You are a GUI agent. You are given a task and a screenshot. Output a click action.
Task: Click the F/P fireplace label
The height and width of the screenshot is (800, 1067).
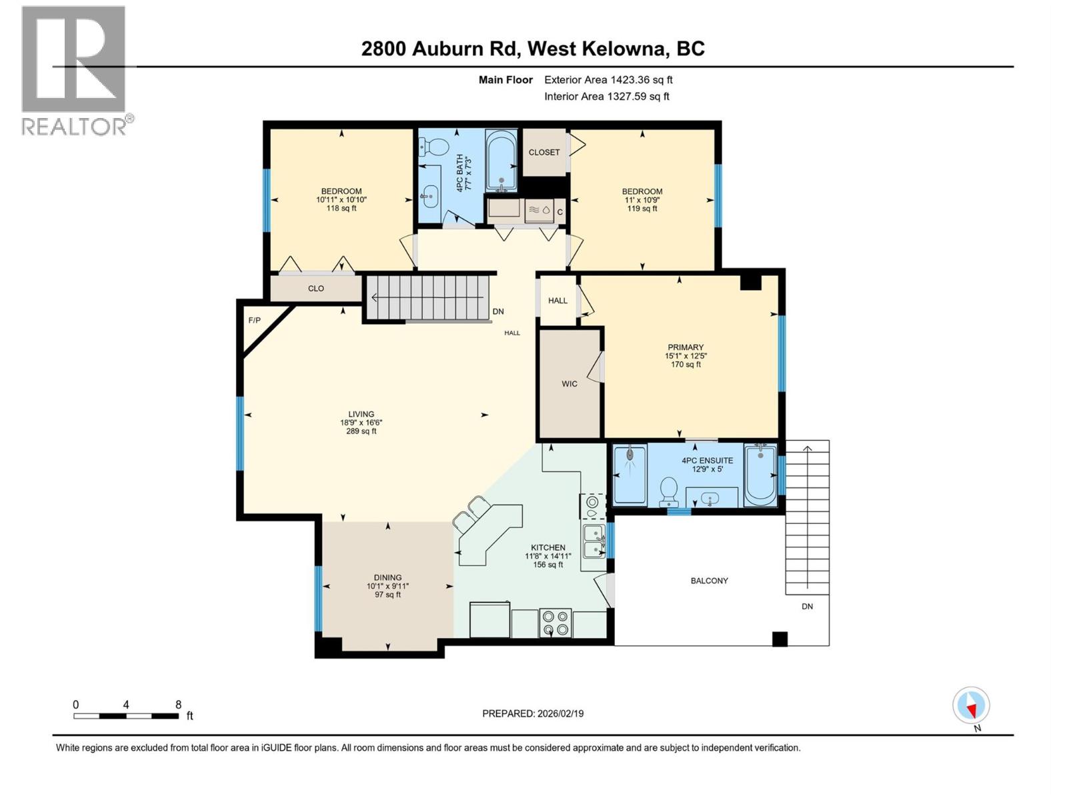[254, 321]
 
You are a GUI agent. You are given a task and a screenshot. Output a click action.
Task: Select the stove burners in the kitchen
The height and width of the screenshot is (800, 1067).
[556, 623]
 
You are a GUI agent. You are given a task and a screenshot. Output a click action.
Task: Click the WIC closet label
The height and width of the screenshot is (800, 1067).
[570, 384]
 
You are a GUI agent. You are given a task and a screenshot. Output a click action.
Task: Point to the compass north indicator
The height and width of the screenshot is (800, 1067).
[971, 705]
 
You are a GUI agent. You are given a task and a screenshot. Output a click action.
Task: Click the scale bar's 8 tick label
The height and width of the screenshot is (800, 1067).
[178, 705]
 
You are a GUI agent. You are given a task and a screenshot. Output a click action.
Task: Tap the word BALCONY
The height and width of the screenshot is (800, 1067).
[709, 581]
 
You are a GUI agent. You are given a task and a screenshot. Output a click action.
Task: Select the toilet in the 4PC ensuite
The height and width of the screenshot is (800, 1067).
[668, 492]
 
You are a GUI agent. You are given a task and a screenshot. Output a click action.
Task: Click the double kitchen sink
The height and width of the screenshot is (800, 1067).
[594, 541]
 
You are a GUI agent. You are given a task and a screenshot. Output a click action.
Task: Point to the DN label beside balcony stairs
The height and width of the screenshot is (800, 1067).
[807, 607]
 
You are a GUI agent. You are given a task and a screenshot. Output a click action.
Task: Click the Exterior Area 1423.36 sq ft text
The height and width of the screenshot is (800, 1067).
[608, 80]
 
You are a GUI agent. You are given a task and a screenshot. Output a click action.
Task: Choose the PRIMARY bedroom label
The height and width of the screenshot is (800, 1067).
[686, 347]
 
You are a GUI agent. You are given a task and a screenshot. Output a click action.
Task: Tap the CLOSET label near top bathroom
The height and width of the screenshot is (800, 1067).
[544, 152]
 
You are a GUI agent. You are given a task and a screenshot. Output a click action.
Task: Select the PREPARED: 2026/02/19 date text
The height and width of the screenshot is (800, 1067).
[533, 713]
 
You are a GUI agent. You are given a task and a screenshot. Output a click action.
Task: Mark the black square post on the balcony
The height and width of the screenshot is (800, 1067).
[780, 639]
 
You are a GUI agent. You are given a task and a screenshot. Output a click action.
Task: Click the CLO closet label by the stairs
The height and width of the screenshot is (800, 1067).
[315, 289]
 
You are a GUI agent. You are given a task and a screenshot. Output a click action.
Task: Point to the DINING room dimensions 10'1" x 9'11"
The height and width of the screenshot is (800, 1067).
[387, 587]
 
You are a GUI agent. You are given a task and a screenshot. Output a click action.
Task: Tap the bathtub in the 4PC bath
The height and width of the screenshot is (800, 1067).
[501, 160]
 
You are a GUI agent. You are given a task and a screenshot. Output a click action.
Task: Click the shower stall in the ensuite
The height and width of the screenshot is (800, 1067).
[630, 475]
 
